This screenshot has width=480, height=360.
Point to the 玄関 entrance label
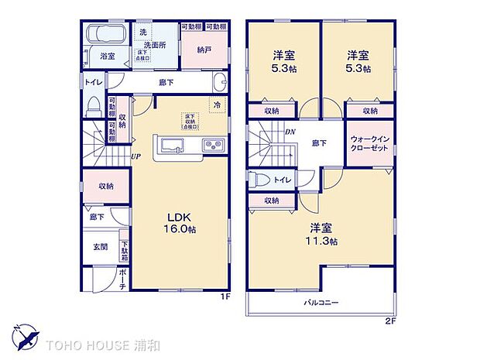(x=101, y=247)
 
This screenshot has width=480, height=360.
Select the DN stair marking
(x=290, y=132)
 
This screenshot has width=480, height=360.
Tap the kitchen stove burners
(x=213, y=146)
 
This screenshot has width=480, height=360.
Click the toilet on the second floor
(x=261, y=180)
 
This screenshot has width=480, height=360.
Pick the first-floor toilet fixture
(x=94, y=104)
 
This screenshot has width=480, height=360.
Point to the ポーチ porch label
(x=123, y=280)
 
